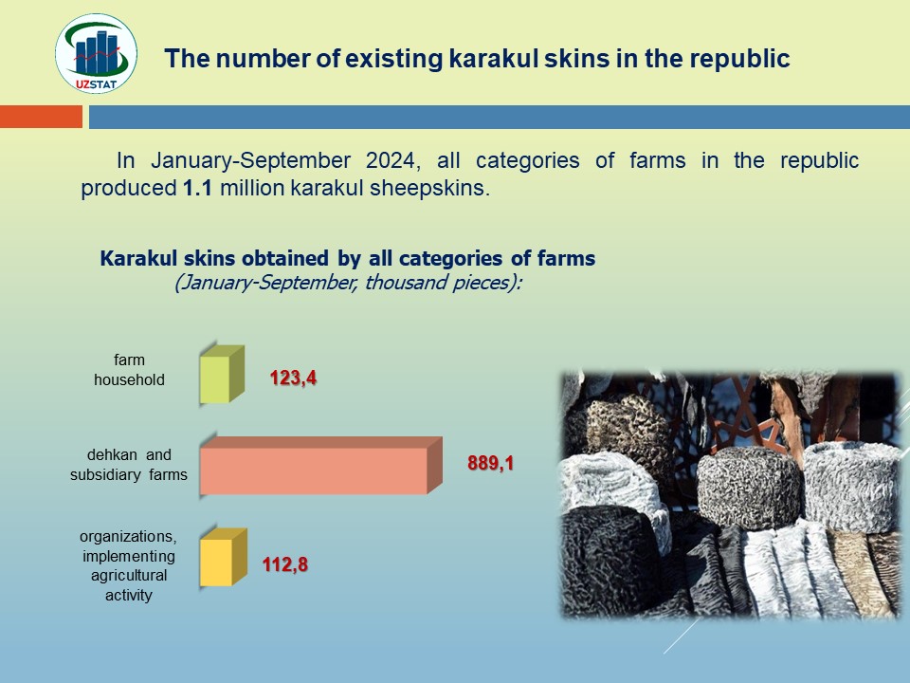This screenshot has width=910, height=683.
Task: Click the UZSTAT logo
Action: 97,54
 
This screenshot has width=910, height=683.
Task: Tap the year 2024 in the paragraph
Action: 392,160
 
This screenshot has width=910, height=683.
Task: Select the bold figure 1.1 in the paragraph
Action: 197,188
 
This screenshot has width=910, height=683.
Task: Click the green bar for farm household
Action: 222,375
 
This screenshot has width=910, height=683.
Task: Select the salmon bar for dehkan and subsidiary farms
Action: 321,465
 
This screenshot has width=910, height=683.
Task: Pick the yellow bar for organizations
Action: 224,557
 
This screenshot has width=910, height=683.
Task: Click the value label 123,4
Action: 293,378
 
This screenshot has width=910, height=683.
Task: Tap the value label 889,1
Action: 491,463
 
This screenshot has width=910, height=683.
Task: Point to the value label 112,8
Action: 285,564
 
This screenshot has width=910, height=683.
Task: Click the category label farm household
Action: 129,370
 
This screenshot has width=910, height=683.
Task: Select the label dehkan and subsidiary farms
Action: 129,465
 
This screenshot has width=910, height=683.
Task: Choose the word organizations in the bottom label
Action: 128,536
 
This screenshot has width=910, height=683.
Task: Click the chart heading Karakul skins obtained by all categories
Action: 348,258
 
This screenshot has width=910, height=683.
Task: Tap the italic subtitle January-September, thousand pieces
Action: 349,283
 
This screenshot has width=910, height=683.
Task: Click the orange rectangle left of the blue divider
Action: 41,117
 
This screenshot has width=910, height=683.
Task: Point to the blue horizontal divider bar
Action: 500,117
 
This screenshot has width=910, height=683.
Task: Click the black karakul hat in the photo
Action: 609,560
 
